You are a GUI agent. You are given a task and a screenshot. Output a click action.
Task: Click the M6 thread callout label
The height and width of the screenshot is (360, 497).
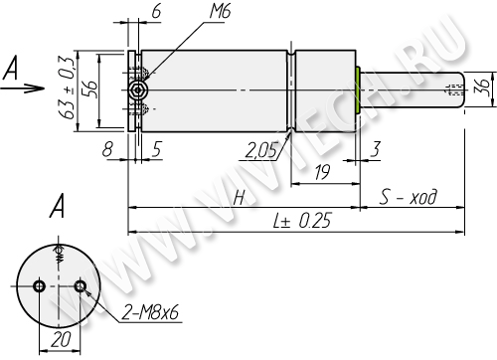220,12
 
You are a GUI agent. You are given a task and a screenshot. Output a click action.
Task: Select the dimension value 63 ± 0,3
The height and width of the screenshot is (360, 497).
67,89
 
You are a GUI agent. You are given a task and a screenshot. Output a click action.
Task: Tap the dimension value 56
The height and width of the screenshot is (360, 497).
89,89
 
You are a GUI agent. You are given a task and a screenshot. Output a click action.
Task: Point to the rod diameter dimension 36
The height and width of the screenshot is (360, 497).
484,88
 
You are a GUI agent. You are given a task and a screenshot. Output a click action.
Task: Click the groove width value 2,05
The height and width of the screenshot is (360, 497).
260,151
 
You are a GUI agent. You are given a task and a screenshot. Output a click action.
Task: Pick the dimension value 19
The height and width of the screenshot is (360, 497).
322,172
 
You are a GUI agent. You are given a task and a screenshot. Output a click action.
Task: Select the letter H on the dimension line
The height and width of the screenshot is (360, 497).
239,198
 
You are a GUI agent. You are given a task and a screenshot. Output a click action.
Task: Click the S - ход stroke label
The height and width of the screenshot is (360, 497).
409,197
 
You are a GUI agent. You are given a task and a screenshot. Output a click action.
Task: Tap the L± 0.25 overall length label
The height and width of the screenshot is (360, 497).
302,221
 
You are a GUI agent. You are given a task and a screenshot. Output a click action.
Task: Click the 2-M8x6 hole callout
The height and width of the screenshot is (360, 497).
150,312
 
